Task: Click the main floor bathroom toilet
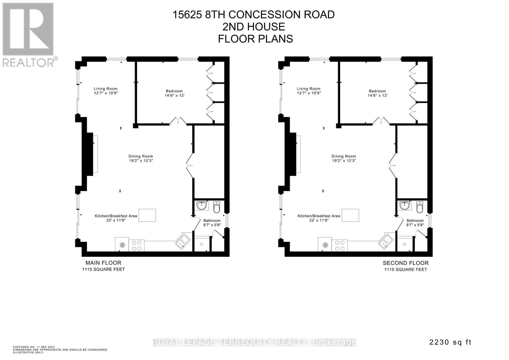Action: [217, 207]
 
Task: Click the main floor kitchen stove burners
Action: [136, 246]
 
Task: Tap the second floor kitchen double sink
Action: [386, 241]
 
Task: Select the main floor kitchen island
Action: [147, 215]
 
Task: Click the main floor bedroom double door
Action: [178, 121]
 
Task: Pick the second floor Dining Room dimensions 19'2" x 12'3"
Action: [344, 160]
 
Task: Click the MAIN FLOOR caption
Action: [103, 263]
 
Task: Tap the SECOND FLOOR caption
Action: [406, 263]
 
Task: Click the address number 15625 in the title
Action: [187, 15]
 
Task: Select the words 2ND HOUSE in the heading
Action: [254, 27]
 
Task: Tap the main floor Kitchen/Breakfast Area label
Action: [116, 216]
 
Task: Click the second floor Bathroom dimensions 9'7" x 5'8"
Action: [415, 225]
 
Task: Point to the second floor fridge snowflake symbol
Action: [325, 245]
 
